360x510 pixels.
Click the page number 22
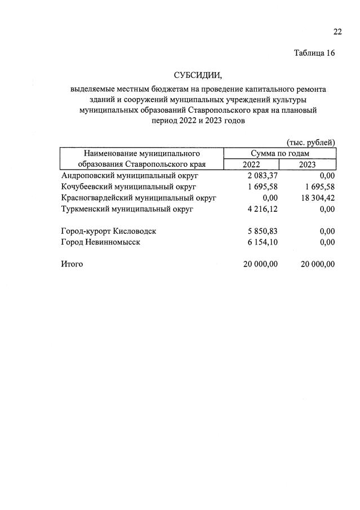pyautogui.click(x=337, y=31)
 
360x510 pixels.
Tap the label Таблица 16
pyautogui.click(x=314, y=53)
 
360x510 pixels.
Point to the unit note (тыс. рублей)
pyautogui.click(x=311, y=142)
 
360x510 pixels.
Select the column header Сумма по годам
pyautogui.click(x=279, y=153)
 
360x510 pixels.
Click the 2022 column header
pyautogui.click(x=251, y=164)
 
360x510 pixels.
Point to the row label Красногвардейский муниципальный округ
pyautogui.click(x=139, y=198)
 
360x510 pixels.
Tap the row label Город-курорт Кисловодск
pyautogui.click(x=108, y=231)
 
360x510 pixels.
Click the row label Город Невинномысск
pyautogui.click(x=100, y=242)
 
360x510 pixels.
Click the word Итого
pyautogui.click(x=72, y=264)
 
